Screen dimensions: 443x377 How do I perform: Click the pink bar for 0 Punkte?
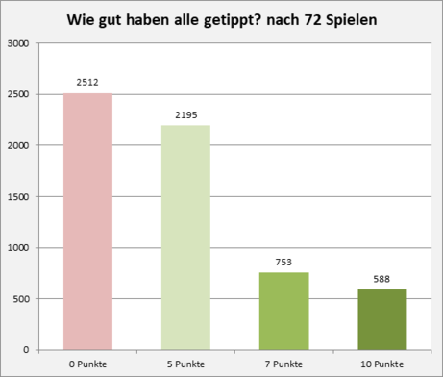(x=87, y=221)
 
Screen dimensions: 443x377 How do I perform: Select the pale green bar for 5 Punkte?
(x=185, y=238)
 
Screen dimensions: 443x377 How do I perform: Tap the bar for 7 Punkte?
(x=284, y=312)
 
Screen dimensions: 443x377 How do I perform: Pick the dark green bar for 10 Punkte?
(x=382, y=319)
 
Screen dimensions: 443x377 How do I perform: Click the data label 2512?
(x=87, y=83)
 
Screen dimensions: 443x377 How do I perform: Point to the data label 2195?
(x=186, y=115)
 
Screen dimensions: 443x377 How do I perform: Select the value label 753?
(x=283, y=263)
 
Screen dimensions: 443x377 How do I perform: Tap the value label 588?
(x=381, y=279)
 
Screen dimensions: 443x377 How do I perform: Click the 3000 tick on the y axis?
(x=18, y=43)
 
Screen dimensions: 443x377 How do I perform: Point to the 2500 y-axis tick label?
(x=18, y=94)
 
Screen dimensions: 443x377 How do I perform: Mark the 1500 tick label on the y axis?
(x=18, y=196)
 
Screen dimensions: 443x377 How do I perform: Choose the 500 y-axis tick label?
(x=21, y=299)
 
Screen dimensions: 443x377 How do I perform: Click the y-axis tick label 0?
(x=26, y=350)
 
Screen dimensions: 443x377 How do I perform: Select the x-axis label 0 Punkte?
(x=87, y=364)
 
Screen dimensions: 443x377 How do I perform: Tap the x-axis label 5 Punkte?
(x=185, y=364)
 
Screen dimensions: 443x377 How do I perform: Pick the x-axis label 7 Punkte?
(x=283, y=364)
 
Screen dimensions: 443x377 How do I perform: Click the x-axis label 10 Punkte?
(x=382, y=364)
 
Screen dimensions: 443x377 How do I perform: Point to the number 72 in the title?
(x=312, y=20)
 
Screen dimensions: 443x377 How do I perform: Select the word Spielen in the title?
(x=352, y=20)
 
